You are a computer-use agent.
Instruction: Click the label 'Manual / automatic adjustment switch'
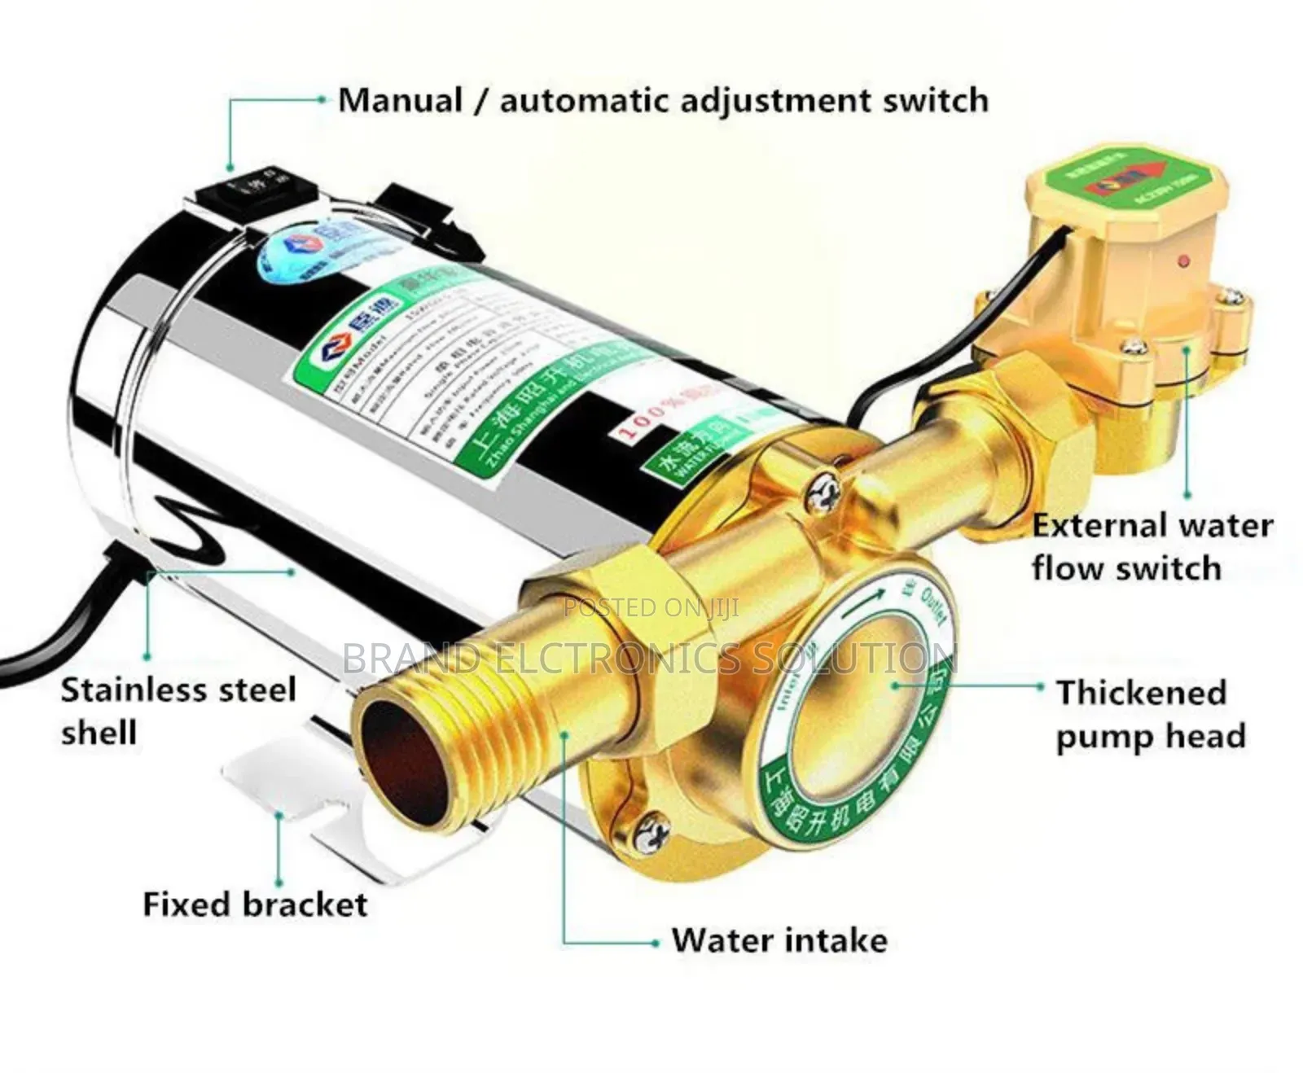click(663, 101)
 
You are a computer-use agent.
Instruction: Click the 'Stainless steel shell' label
click(178, 711)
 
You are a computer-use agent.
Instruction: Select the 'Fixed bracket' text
click(255, 904)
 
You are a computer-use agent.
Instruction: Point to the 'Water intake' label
click(779, 940)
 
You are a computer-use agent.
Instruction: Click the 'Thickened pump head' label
click(1150, 714)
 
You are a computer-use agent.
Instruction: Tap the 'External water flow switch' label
click(1152, 546)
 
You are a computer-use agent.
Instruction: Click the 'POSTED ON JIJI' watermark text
click(651, 607)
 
